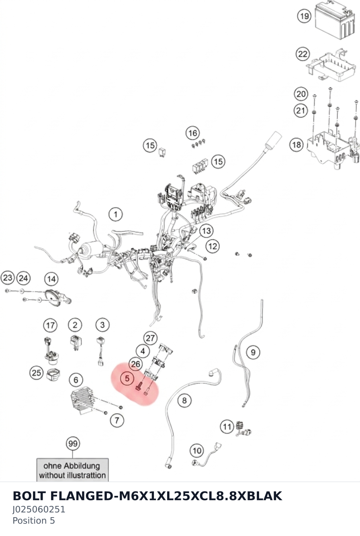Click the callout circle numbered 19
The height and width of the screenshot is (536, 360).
(x=304, y=16)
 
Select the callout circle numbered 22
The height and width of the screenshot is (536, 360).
(x=303, y=54)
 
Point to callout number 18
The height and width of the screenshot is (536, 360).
(x=297, y=145)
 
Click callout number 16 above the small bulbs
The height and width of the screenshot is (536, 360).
(x=193, y=133)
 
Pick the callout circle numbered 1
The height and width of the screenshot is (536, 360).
(x=116, y=214)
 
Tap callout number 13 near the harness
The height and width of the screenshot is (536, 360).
(x=206, y=231)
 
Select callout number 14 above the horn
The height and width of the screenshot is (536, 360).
(x=51, y=279)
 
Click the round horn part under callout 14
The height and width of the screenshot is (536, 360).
(x=52, y=297)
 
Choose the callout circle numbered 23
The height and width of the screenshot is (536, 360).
(x=7, y=278)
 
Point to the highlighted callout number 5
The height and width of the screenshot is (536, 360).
(x=127, y=379)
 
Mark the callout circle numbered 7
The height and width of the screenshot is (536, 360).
(x=117, y=420)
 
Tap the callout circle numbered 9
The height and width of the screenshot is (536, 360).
(x=253, y=352)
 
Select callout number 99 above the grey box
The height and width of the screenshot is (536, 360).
(x=73, y=444)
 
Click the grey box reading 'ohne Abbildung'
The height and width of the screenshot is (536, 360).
(x=72, y=470)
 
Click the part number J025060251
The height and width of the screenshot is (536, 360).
(x=39, y=510)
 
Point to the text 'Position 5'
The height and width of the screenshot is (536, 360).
(x=34, y=520)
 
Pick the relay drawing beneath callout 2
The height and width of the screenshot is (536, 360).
(x=75, y=342)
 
